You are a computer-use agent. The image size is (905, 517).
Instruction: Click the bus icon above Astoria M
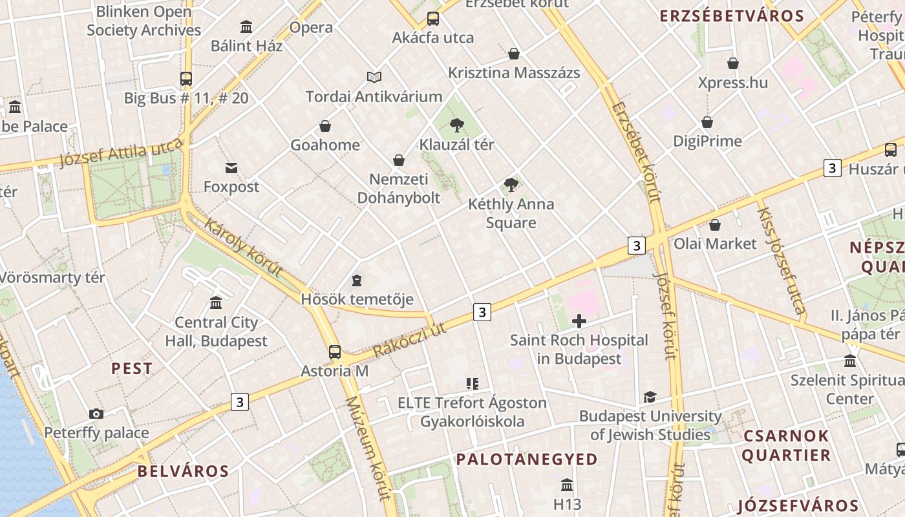click(x=334, y=352)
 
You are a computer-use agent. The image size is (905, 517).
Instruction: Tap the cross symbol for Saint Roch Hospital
click(x=579, y=321)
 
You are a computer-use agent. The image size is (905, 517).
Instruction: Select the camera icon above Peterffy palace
click(x=96, y=414)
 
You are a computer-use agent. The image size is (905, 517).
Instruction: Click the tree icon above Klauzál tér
click(x=456, y=125)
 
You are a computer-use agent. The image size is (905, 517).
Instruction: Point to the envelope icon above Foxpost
click(x=231, y=168)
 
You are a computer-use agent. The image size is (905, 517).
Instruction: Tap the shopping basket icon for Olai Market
click(x=715, y=225)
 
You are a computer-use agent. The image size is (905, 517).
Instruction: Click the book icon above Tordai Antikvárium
click(x=374, y=78)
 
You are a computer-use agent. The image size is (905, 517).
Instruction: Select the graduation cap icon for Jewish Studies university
click(x=650, y=397)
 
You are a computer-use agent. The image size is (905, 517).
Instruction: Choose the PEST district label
click(x=132, y=369)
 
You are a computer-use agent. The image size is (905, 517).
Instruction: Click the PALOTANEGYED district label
click(x=527, y=459)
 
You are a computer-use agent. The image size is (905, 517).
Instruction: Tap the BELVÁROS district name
click(x=183, y=471)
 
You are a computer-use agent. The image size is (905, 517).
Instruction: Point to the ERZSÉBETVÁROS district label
click(x=731, y=17)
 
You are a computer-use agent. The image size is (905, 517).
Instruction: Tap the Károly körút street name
click(x=244, y=248)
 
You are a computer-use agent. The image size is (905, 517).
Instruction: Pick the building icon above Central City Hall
click(x=216, y=303)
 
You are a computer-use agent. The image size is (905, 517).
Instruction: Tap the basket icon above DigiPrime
click(x=707, y=122)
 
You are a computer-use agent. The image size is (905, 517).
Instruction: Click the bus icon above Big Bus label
click(x=186, y=79)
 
